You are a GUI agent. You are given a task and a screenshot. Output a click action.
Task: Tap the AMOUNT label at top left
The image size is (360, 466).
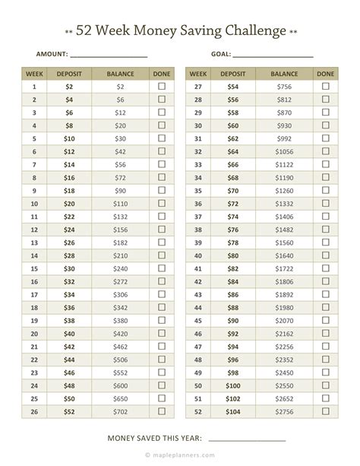tap(52, 55)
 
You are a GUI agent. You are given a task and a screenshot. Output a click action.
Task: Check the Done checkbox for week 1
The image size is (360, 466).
tap(161, 87)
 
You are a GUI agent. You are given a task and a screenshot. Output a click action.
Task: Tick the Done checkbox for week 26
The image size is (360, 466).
tap(161, 411)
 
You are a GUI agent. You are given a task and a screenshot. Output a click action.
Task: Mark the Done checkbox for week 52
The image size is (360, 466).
tap(325, 411)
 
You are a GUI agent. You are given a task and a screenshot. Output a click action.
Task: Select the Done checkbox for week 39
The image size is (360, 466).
tap(325, 243)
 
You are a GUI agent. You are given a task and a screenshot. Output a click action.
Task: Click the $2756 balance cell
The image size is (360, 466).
tap(285, 411)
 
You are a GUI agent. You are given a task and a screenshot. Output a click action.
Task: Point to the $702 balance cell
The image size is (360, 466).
tap(121, 411)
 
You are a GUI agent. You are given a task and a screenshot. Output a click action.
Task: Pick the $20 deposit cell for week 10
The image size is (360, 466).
tap(70, 204)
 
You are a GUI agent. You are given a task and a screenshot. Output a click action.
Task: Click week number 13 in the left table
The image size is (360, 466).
tap(35, 243)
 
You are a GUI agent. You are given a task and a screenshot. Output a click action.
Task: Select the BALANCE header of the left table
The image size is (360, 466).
tap(121, 74)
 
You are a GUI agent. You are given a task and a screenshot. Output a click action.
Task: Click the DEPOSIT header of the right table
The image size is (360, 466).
tap(232, 74)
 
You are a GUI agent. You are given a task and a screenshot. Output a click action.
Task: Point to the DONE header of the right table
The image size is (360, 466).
tap(325, 74)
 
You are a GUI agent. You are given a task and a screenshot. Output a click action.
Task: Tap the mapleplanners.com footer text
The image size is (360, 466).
tap(180, 458)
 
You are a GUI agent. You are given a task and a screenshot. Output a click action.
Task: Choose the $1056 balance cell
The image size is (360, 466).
tap(285, 152)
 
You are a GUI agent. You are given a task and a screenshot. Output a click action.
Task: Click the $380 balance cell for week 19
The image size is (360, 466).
tap(121, 320)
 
